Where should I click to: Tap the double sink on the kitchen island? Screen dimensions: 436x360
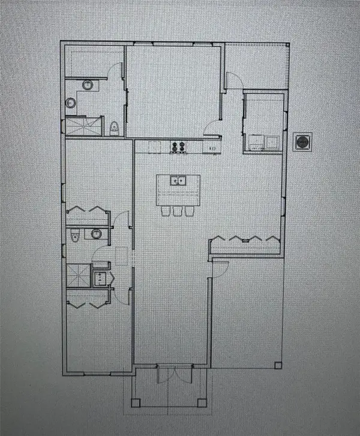click(177, 181)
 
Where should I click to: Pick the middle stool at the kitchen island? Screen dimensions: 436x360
click(178, 211)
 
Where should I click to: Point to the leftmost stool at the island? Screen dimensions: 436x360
click(167, 211)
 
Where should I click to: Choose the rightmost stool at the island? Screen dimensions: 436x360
click(188, 211)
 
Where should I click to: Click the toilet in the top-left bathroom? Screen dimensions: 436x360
click(114, 128)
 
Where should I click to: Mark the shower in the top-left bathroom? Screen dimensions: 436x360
click(76, 127)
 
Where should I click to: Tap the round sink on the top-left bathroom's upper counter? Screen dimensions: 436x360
click(87, 85)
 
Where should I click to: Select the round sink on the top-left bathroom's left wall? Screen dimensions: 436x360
click(71, 103)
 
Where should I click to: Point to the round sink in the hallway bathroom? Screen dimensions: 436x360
click(96, 234)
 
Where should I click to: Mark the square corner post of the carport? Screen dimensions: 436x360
click(277, 365)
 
